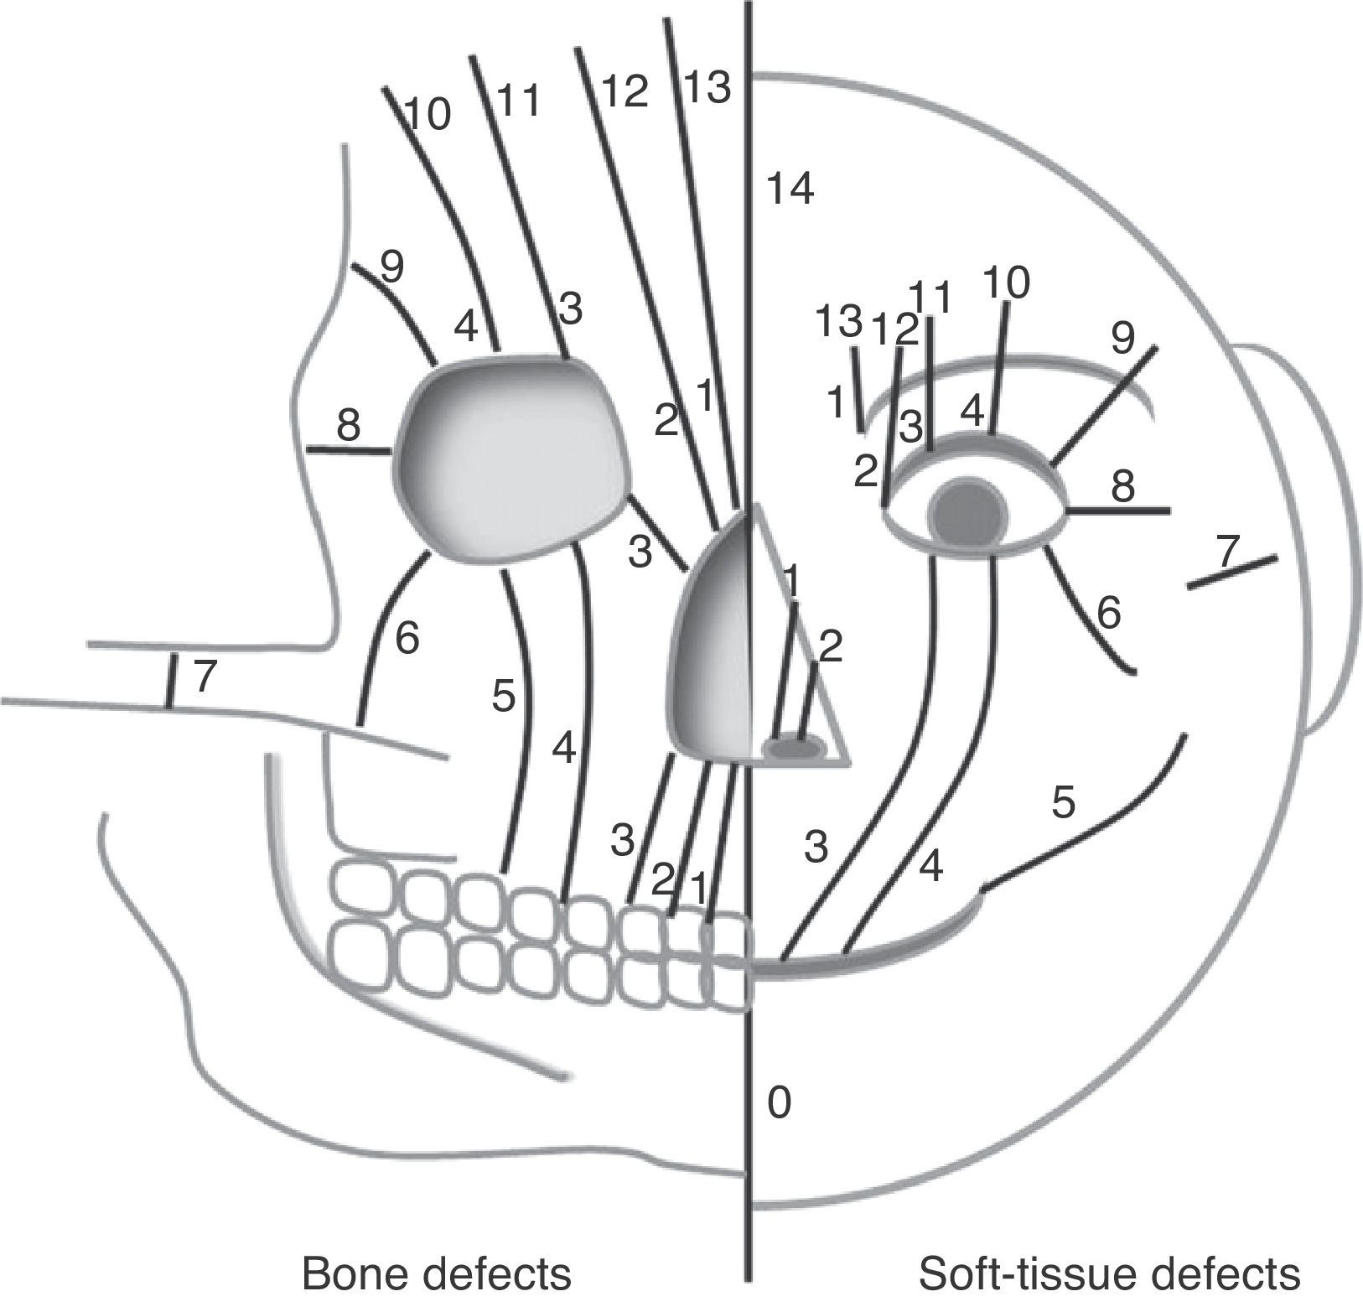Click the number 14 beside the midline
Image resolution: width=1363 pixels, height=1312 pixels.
[x=790, y=190]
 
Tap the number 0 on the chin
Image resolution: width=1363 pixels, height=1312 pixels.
[x=779, y=1103]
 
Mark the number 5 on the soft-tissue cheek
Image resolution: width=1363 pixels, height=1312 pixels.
[x=1062, y=803]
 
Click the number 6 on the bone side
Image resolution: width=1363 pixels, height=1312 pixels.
[x=407, y=640]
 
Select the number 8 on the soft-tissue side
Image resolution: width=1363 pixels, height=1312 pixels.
[x=1122, y=486]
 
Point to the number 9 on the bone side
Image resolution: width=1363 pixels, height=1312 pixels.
[x=391, y=267]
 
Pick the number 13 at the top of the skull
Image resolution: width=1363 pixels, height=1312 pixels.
[x=708, y=87]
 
